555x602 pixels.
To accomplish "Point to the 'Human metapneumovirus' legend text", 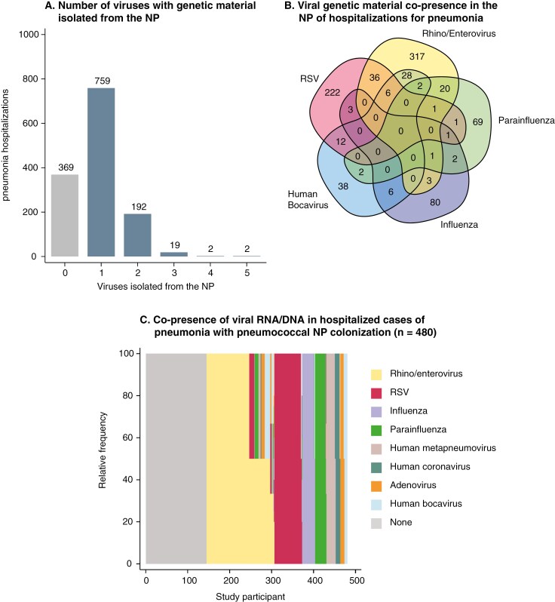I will [x=443, y=448].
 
